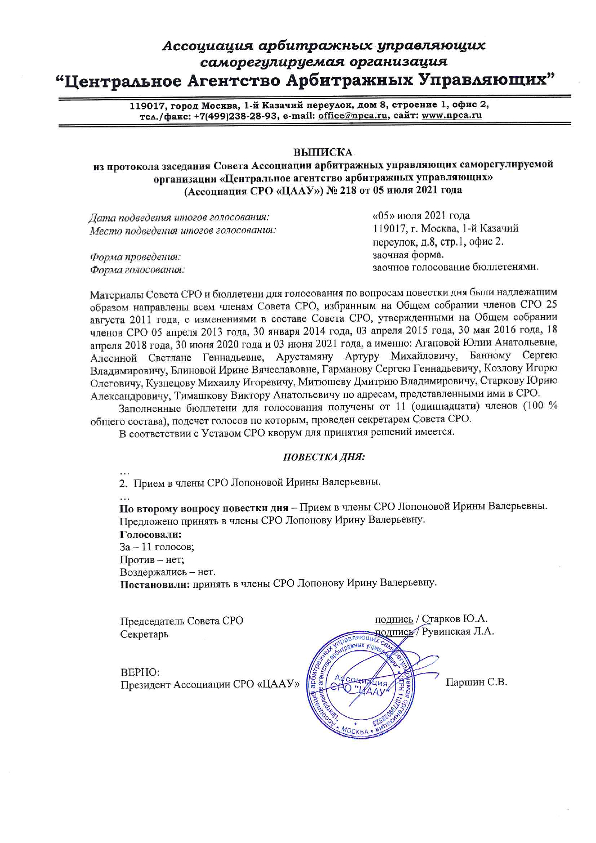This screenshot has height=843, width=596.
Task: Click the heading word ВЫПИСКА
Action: pyautogui.click(x=323, y=152)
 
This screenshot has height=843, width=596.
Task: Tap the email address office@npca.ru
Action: pyautogui.click(x=349, y=116)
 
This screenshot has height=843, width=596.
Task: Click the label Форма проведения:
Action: pyautogui.click(x=135, y=257)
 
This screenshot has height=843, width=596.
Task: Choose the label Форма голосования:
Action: pyautogui.click(x=137, y=270)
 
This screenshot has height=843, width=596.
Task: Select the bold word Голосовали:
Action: pyautogui.click(x=150, y=534)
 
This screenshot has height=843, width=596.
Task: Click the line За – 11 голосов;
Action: pyautogui.click(x=157, y=547)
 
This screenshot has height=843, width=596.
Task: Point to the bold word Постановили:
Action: pyautogui.click(x=153, y=583)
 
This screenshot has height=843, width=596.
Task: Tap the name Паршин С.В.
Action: pyautogui.click(x=477, y=682)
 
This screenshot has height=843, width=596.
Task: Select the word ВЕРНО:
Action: pyautogui.click(x=140, y=672)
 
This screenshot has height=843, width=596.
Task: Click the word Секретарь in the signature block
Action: pyautogui.click(x=144, y=635)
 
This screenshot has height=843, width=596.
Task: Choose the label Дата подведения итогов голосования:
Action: pyautogui.click(x=179, y=217)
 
